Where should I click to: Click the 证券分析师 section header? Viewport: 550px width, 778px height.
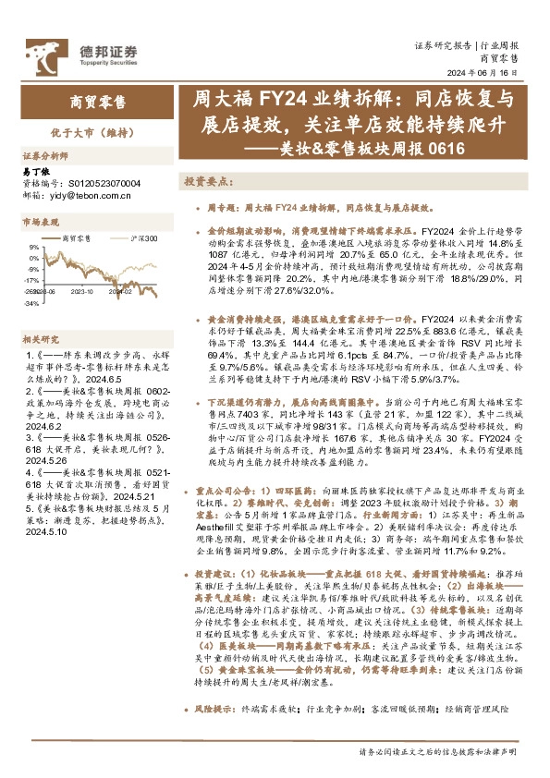[45, 156]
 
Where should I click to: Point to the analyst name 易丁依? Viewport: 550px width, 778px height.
[34, 172]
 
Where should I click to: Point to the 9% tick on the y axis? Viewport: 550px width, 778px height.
[33, 248]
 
